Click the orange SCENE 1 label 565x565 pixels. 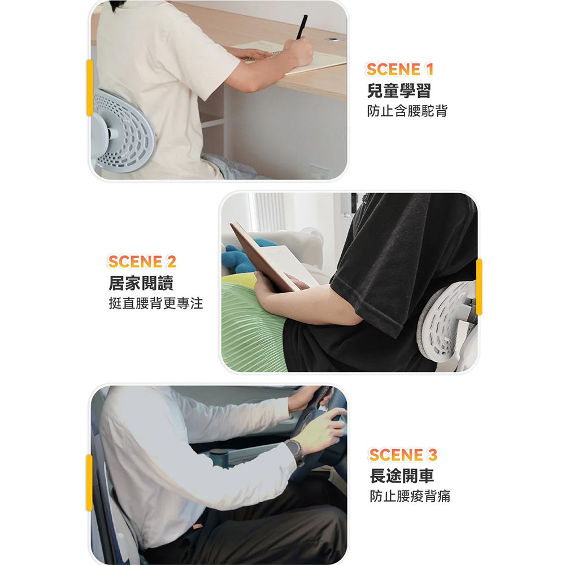point(399,69)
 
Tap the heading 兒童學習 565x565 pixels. point(399,90)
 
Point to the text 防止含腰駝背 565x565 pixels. point(407,111)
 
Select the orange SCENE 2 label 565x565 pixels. point(142,262)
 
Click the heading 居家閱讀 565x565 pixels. point(141,283)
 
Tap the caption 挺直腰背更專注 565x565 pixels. point(156,303)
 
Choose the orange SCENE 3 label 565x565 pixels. point(403,455)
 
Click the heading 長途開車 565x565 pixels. point(402,476)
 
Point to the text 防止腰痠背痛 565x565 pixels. point(410,496)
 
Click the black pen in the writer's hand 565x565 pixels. point(302,27)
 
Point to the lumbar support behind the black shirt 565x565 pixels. point(446,322)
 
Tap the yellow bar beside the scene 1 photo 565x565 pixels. point(90,88)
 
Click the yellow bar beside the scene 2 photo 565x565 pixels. point(479,287)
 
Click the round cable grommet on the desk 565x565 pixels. point(334,38)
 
